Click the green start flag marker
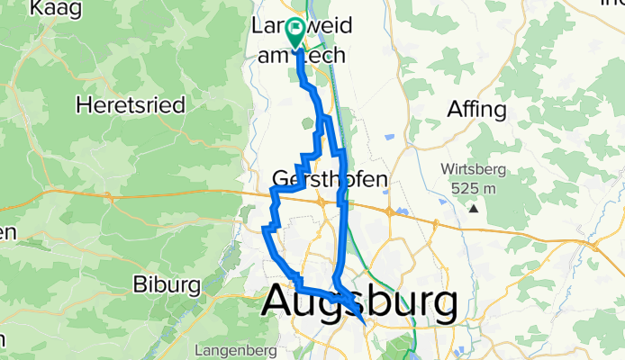[295, 31]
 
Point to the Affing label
[477, 110]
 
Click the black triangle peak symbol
[473, 209]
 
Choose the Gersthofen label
[330, 178]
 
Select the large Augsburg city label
[358, 304]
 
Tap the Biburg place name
[166, 284]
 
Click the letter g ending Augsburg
[440, 309]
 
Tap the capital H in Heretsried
[85, 105]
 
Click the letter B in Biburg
[140, 284]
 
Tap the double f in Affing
[470, 110]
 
